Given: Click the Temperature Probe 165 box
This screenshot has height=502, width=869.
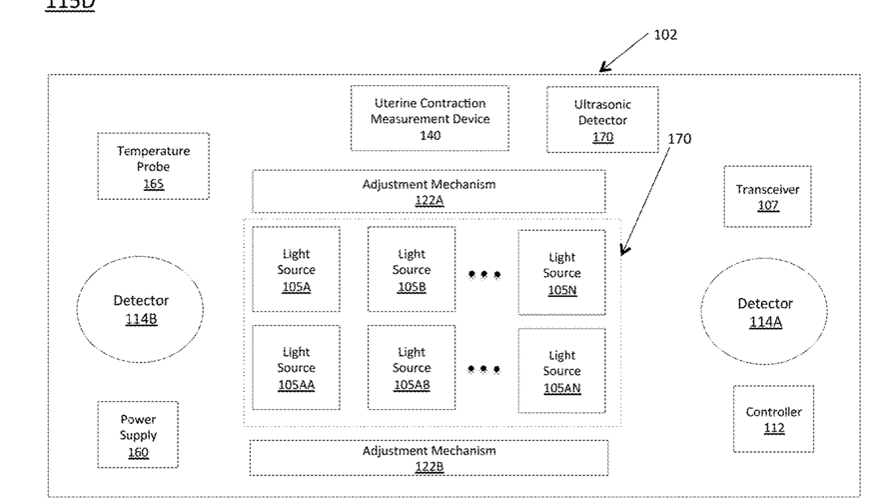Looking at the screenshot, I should [x=153, y=166].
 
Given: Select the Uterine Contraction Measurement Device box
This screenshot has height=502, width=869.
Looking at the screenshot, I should [x=430, y=118].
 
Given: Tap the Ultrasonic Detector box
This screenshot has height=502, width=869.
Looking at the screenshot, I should [x=602, y=120].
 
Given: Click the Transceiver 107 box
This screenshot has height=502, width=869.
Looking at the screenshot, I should [x=767, y=197].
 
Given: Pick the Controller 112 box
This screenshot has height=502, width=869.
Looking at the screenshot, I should [x=773, y=419].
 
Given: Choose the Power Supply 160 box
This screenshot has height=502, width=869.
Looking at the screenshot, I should [x=138, y=435].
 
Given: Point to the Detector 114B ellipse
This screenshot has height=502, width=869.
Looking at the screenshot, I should [x=140, y=309].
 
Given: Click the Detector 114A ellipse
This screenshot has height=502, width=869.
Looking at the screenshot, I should [x=764, y=311].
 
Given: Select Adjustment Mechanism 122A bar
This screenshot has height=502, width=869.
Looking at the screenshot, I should [x=428, y=191].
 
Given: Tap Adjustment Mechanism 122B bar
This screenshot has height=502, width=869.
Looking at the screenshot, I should [x=428, y=457].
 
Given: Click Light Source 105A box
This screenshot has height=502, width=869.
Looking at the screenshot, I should [x=296, y=270].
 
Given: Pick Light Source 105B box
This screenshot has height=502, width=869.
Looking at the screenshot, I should [x=411, y=270].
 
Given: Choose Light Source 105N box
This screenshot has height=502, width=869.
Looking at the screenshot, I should [x=561, y=273].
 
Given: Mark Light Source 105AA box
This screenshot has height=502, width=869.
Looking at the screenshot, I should [x=296, y=367].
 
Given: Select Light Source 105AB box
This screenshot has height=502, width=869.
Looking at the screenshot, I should [x=411, y=367].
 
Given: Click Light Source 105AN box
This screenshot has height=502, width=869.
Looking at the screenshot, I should [x=561, y=370].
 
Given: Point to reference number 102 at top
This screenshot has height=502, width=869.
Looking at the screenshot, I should [x=665, y=35].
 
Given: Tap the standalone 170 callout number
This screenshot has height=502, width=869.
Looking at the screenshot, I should [x=680, y=139].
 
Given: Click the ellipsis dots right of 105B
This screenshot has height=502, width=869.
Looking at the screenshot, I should [x=483, y=274].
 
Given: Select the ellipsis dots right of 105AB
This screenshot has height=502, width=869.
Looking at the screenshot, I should [x=483, y=369].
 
